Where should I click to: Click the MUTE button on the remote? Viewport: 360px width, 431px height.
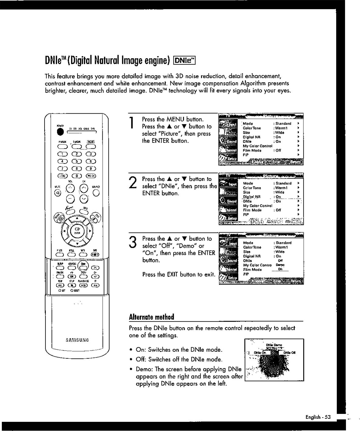click(57, 193)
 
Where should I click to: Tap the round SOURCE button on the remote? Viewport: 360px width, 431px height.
click(97, 193)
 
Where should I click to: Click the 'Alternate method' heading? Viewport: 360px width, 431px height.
click(151, 317)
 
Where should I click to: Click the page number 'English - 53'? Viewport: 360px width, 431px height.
click(318, 417)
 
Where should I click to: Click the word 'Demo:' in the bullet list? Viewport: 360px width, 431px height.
click(144, 369)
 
